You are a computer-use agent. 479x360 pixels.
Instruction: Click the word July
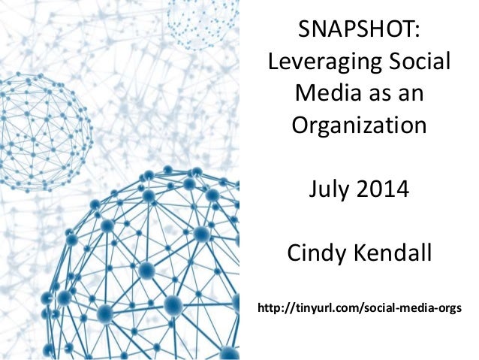[330, 189]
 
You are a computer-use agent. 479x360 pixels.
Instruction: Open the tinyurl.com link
[360, 310]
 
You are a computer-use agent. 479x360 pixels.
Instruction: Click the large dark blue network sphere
[143, 271]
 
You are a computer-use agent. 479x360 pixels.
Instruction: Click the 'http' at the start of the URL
[270, 309]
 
